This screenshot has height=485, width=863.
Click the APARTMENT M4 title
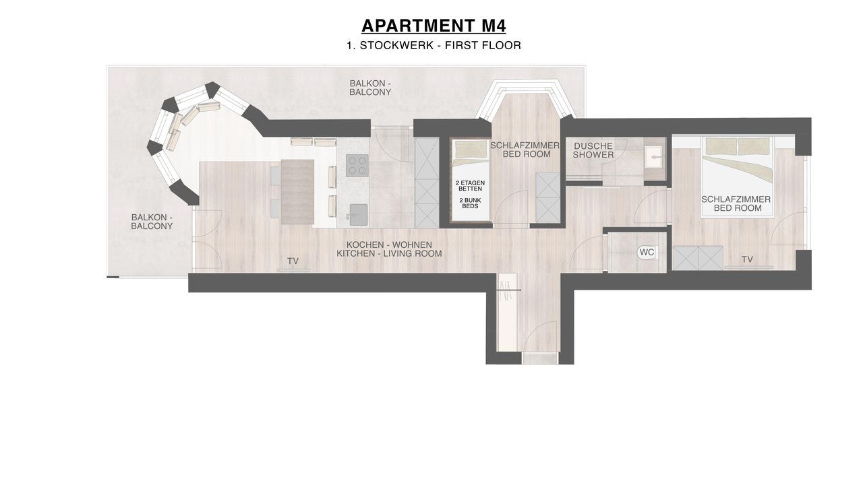(434, 26)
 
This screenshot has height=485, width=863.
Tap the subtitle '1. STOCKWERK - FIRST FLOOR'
(434, 45)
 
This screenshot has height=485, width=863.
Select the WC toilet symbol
(647, 253)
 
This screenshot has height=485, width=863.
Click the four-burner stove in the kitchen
(357, 166)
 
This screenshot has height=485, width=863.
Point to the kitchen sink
(358, 215)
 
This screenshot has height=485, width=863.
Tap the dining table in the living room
(297, 192)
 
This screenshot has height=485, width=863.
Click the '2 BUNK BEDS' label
(470, 203)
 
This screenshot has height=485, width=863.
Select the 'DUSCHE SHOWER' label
(593, 150)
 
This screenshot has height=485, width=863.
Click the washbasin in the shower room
(654, 157)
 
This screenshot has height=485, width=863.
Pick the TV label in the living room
(293, 261)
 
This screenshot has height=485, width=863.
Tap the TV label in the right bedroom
(747, 260)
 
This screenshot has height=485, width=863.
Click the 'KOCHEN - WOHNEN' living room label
(389, 245)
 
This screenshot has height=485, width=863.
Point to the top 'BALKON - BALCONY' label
(370, 88)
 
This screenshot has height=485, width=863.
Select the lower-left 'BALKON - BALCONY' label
(152, 222)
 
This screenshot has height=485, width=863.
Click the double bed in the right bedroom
(738, 177)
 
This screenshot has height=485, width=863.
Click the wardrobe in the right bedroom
(698, 258)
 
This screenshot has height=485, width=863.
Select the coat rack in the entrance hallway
(508, 290)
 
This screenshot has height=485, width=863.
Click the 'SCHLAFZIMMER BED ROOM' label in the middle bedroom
(525, 150)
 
